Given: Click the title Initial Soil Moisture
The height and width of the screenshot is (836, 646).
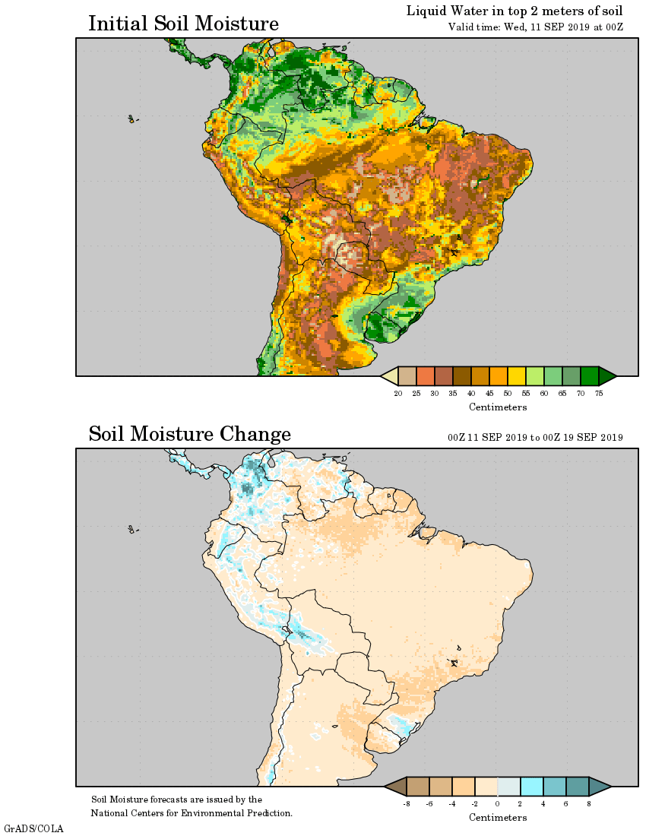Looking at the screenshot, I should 183,24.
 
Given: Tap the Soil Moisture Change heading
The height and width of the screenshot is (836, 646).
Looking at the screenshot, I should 189,435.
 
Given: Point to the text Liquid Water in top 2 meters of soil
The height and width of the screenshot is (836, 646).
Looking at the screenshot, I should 514,11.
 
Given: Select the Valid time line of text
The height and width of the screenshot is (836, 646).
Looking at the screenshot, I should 536,27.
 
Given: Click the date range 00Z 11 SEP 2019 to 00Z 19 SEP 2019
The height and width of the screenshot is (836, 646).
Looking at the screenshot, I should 535,438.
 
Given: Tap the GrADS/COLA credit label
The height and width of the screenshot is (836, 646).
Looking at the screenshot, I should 34,828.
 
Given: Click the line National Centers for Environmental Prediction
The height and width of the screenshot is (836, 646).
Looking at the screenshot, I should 192,813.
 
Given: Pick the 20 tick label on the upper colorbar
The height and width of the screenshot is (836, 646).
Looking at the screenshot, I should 397,393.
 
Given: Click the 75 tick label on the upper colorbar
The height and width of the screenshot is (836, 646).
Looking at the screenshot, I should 599,393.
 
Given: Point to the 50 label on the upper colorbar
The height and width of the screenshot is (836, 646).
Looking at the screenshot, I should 507,393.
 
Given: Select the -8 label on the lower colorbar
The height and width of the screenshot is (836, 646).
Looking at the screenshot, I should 407,803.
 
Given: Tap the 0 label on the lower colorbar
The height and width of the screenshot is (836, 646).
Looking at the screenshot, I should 498,803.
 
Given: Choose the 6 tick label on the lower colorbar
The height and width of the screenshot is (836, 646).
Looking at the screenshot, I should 566,803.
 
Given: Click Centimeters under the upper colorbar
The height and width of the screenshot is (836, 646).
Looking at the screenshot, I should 498,407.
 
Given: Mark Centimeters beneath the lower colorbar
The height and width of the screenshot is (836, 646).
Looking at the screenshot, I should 498,818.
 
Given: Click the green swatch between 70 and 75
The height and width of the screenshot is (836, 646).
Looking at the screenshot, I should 590,376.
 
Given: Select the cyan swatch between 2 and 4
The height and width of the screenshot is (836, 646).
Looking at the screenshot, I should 532,787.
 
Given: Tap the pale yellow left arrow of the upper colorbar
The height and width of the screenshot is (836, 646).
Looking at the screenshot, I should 389,376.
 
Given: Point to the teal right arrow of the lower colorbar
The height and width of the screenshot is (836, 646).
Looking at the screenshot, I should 600,787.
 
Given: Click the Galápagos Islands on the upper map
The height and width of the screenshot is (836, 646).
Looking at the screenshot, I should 131,119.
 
